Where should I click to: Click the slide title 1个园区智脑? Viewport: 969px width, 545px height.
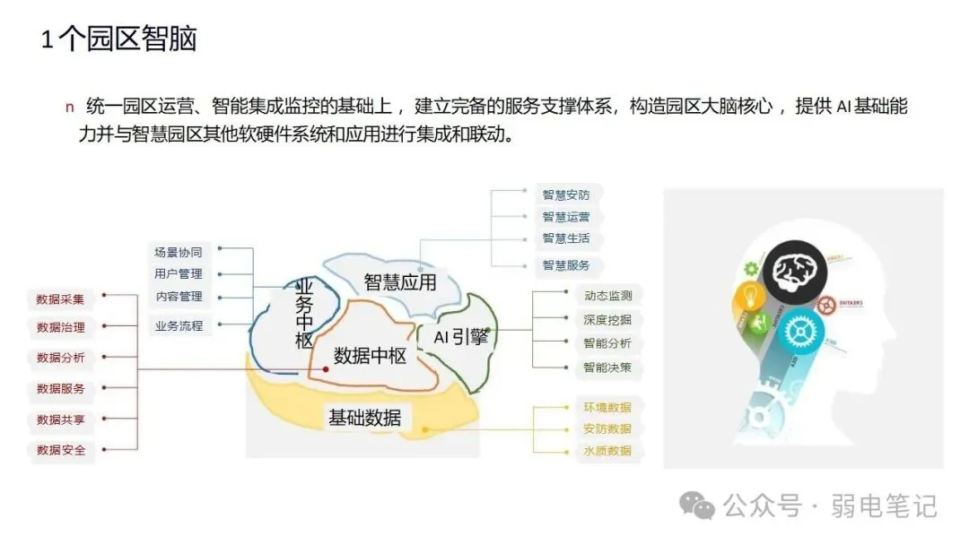pos(118,39)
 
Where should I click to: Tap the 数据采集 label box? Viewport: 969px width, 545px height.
pos(61,299)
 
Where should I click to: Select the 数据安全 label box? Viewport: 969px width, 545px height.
pos(61,450)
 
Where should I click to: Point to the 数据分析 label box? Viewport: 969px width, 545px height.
pos(61,358)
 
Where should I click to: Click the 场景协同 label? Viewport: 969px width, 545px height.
pos(178,252)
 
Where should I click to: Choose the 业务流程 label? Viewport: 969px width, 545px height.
pos(178,325)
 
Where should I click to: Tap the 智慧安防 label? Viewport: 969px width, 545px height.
pos(565,194)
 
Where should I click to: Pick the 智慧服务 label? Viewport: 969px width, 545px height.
pos(565,265)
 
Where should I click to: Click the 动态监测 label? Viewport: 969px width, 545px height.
pos(607,295)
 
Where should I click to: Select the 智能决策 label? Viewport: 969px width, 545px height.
pos(607,367)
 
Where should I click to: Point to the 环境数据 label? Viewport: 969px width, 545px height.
pos(607,407)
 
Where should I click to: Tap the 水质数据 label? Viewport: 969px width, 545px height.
pos(607,450)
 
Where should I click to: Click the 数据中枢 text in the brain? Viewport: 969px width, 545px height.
pos(370,356)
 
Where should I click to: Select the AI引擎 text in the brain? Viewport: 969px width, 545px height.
pos(460,337)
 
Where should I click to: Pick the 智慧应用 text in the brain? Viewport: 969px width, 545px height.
pos(399,282)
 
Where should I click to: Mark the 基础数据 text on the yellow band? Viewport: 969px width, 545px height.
pos(364,418)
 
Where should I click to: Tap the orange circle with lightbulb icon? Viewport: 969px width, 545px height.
pos(752,298)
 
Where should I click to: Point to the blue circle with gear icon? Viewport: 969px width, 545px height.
pos(794,331)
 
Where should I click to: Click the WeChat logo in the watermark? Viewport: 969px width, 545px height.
pos(696,506)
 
